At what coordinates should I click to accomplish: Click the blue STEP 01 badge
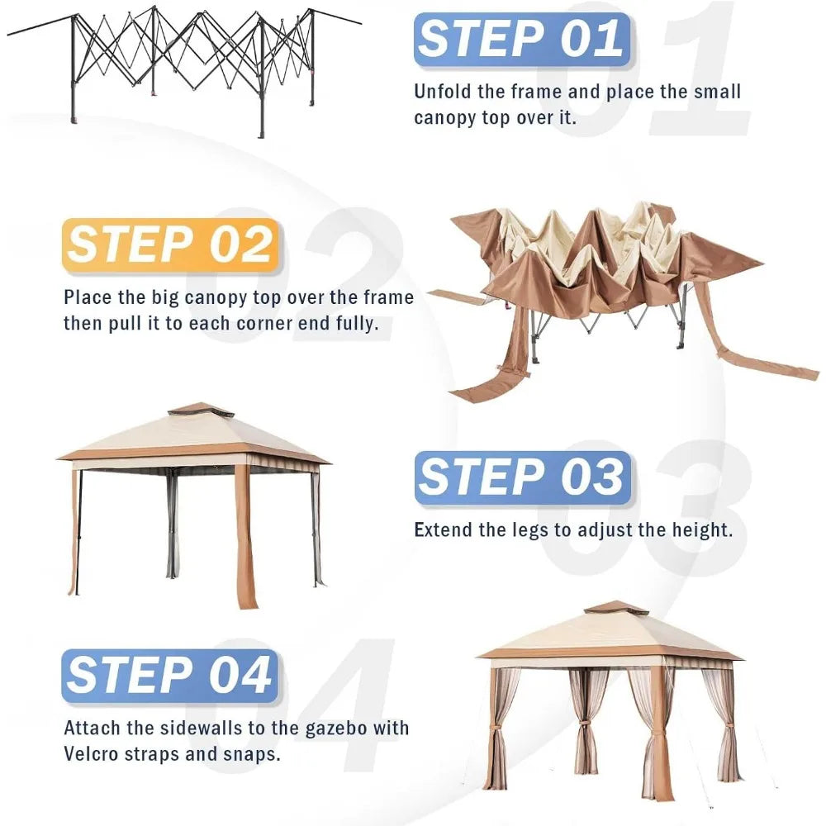(522, 40)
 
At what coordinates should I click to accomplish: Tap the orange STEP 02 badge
(170, 246)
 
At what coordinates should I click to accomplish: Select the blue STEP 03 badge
(523, 478)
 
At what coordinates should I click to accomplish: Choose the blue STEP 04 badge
(169, 676)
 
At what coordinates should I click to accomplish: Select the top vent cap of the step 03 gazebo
(201, 410)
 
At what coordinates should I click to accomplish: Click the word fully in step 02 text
(357, 324)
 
